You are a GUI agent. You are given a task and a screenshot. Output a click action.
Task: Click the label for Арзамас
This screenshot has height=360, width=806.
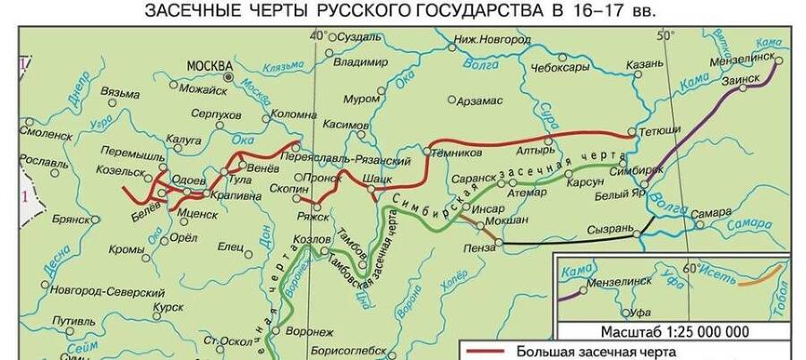point(484,101)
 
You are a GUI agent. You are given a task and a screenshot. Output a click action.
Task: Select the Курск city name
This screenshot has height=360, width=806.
point(167,306)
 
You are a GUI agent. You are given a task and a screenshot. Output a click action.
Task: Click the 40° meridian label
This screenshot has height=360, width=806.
point(317,36)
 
